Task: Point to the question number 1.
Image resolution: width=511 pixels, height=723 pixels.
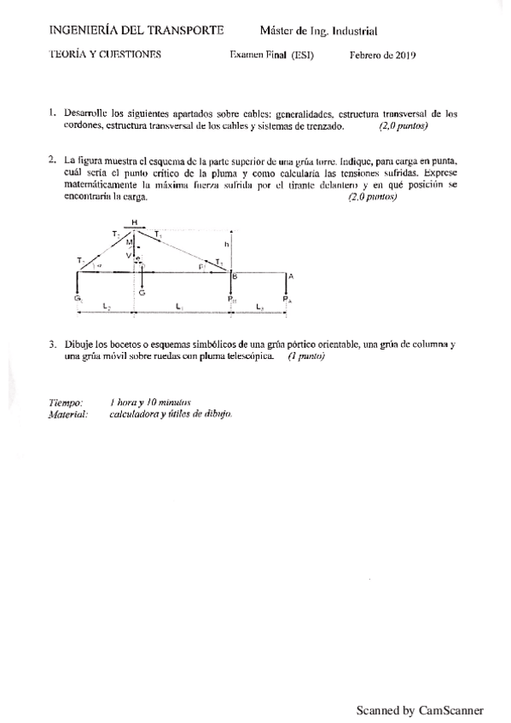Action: [52, 113]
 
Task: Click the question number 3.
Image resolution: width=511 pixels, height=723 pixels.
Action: [52, 344]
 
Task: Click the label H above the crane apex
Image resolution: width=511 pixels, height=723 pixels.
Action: [135, 221]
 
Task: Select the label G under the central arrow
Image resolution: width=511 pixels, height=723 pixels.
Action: [142, 292]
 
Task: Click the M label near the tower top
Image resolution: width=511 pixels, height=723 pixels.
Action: [129, 242]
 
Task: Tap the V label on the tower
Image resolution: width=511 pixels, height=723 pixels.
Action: [129, 255]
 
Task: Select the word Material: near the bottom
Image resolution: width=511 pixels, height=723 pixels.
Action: [68, 414]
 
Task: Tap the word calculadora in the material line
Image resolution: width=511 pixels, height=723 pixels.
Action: [134, 414]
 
